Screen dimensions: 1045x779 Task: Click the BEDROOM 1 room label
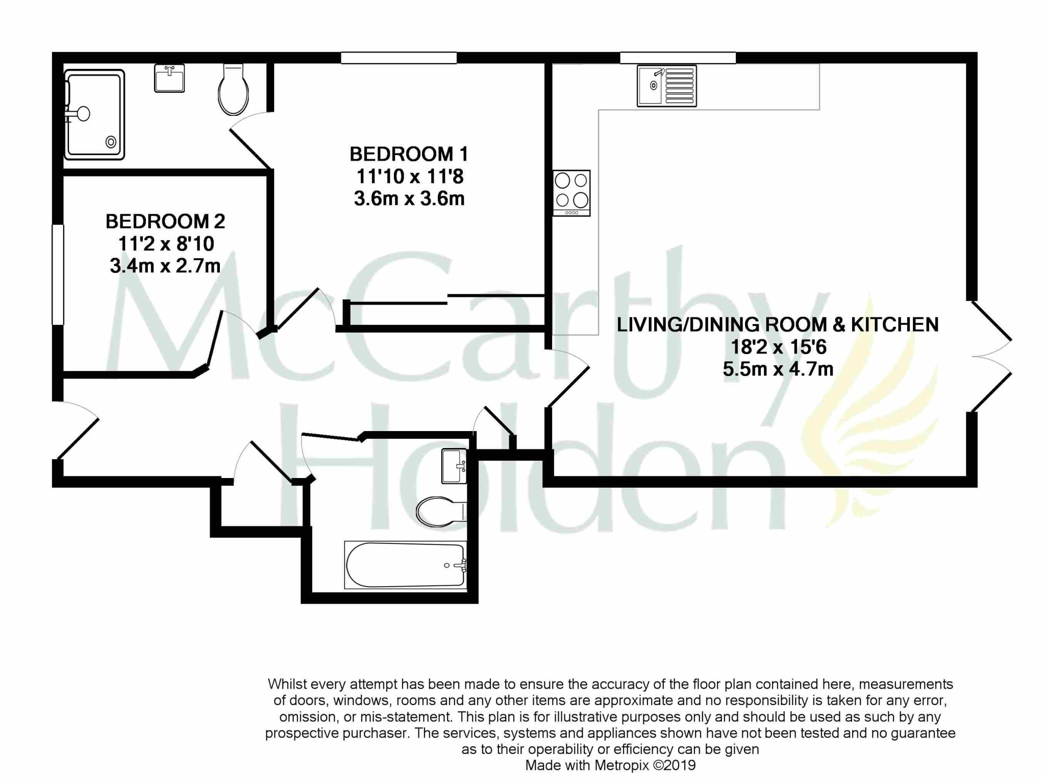point(409,154)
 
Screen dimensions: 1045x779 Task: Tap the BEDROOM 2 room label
point(165,221)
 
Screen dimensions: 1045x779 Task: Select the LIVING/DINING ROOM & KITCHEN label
point(778,324)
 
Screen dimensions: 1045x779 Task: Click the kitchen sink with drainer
point(666,86)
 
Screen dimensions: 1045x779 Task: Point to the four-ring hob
point(571,193)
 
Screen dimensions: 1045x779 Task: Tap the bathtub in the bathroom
point(406,565)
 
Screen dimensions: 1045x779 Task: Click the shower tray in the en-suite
point(94,114)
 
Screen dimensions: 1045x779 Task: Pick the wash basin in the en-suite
point(169,78)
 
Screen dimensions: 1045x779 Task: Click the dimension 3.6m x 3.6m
point(409,198)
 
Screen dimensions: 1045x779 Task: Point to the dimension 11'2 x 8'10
point(166,244)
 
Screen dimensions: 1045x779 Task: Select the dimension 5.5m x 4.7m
point(778,368)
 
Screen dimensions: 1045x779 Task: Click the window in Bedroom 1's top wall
point(399,58)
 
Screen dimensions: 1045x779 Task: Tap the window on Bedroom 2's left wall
point(58,274)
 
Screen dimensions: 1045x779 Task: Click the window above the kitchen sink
point(678,58)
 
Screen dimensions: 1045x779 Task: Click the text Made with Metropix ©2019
point(610,765)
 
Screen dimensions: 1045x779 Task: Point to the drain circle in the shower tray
point(111,142)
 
